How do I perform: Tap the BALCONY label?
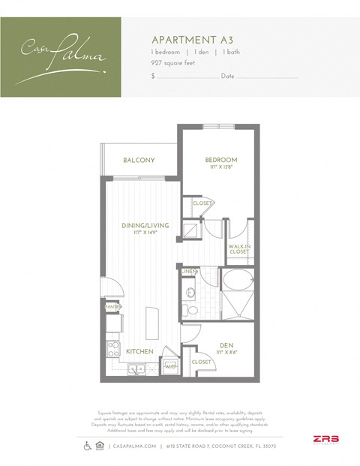pos(139,160)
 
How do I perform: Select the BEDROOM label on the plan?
pos(221,161)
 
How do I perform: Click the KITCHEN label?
pos(139,351)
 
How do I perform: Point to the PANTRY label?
pos(112,307)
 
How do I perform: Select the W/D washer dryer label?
pos(170,367)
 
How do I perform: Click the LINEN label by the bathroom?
pos(188,271)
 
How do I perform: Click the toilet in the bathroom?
pos(191,308)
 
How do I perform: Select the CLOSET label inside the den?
pos(201,362)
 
